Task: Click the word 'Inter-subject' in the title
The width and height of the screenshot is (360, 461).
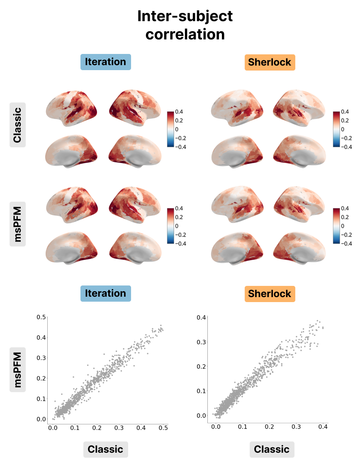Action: point(185,17)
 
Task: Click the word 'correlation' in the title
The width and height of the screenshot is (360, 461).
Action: point(185,34)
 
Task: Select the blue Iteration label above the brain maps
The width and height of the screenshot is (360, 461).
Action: point(105,62)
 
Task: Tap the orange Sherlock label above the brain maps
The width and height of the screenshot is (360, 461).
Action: point(270,62)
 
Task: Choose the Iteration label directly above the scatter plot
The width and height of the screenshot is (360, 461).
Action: point(105,293)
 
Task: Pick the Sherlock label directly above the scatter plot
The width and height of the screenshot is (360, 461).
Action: point(270,294)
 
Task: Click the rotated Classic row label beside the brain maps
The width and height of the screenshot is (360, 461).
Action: point(17,124)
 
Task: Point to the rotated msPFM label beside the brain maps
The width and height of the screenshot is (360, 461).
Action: point(17,224)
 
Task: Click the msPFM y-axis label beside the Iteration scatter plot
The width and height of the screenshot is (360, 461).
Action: point(17,369)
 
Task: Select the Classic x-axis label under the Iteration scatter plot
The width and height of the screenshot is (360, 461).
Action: point(105,449)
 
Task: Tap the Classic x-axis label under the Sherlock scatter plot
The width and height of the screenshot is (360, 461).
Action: point(272,449)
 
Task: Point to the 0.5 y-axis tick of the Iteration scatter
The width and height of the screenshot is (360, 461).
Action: point(41,317)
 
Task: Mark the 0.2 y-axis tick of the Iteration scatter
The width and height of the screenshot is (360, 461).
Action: point(41,378)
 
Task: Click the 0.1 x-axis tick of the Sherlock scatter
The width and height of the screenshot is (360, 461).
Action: point(242,426)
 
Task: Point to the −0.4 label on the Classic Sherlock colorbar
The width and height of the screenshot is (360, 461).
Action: point(346,147)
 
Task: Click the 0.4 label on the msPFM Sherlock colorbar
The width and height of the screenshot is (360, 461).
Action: point(345,209)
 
